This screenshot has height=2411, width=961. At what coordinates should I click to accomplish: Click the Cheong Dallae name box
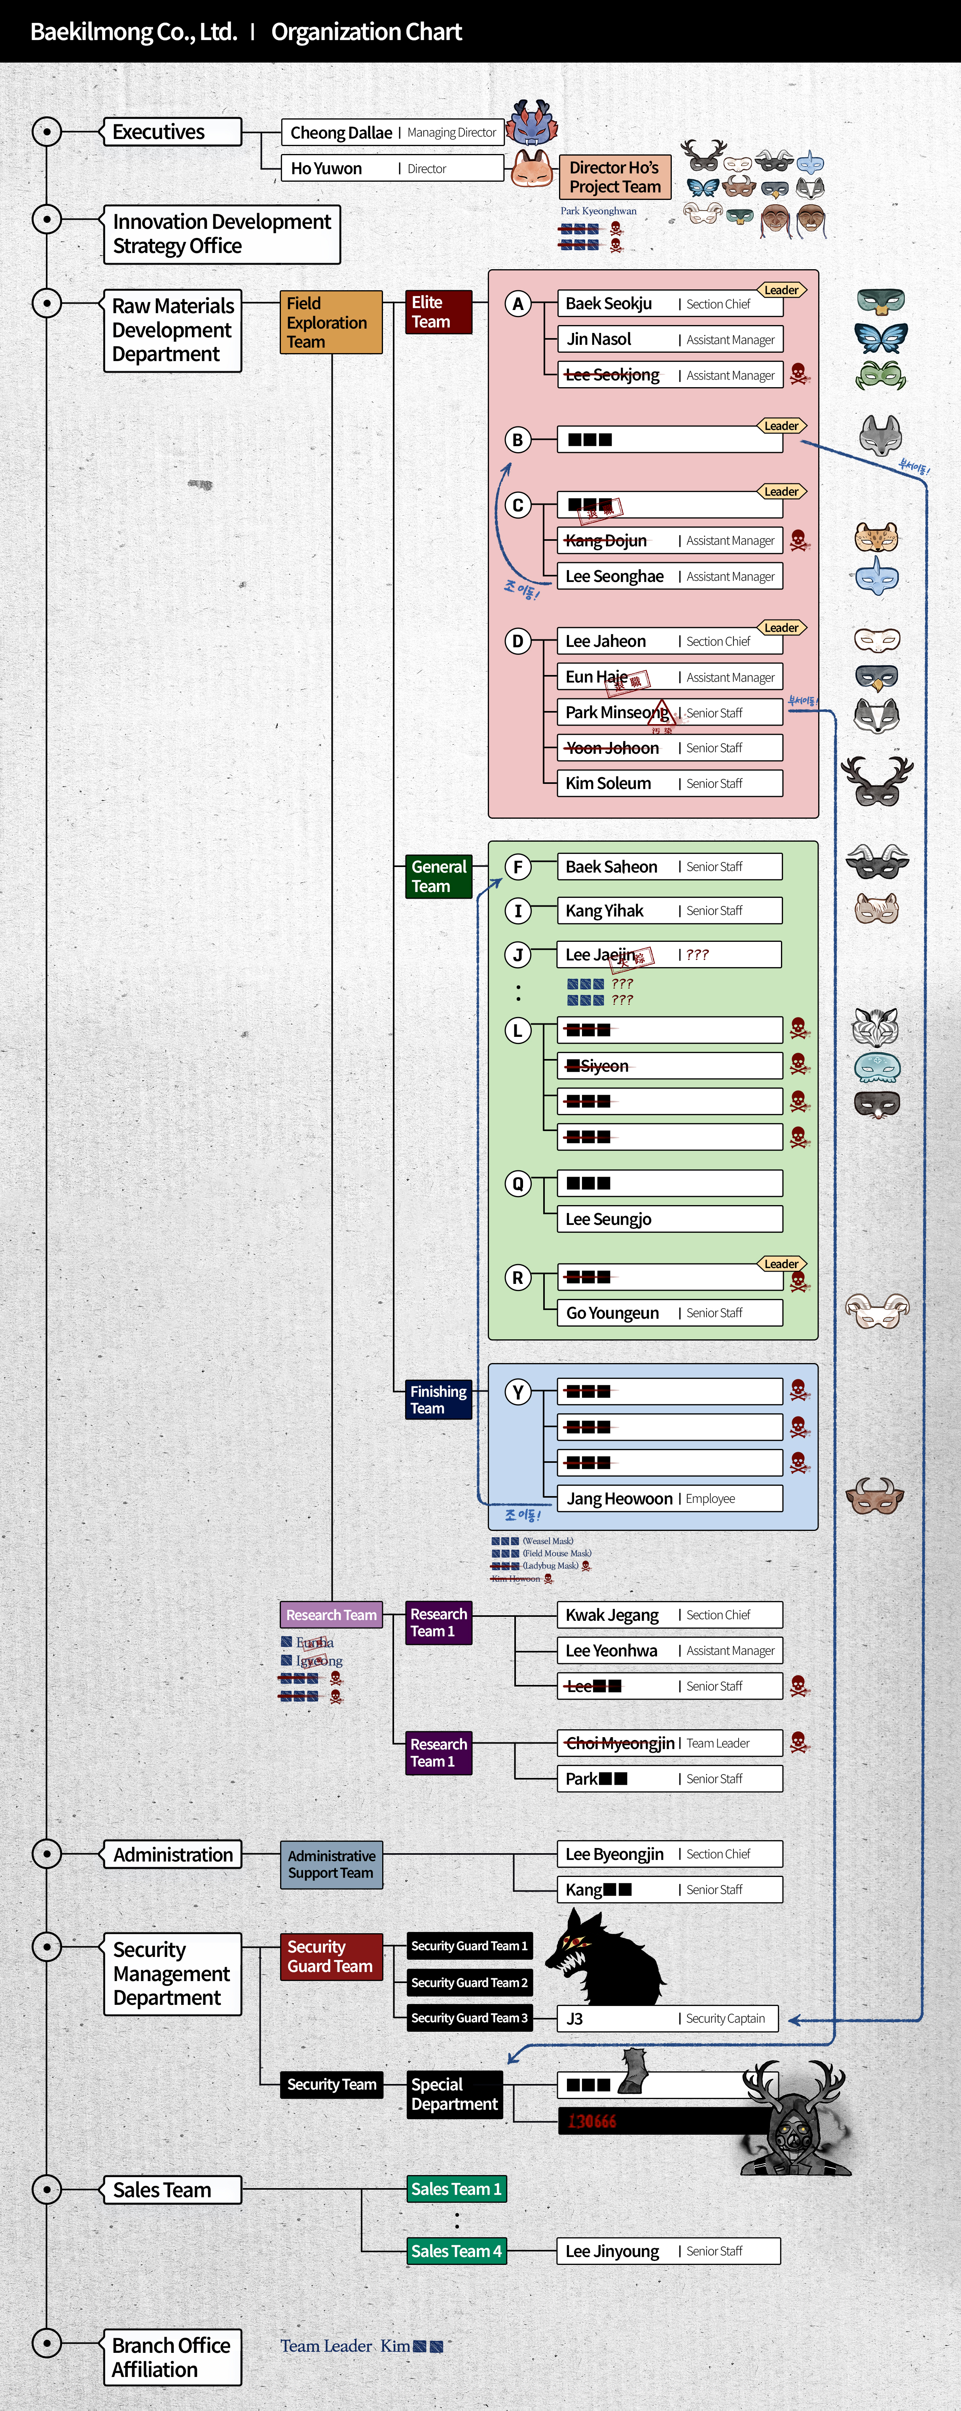(x=393, y=132)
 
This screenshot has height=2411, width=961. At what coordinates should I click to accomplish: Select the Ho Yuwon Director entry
(x=393, y=169)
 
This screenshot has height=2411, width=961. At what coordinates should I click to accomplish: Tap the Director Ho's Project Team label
(x=615, y=177)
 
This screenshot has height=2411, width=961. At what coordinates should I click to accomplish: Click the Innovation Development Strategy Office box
(x=222, y=234)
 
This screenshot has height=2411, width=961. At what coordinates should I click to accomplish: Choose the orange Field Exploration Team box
(x=330, y=322)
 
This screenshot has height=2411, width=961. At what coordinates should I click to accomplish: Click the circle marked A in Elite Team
(x=517, y=303)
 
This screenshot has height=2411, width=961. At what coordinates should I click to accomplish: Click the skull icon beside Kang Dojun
(x=798, y=540)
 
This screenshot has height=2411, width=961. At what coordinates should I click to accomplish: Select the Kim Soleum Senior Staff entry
(x=669, y=783)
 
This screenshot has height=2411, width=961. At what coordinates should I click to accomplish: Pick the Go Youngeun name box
(x=669, y=1313)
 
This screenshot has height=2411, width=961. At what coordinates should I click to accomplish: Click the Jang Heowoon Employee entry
(x=669, y=1498)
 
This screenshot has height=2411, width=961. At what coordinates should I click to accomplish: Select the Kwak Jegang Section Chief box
(x=669, y=1614)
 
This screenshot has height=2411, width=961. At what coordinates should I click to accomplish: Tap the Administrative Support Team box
(x=331, y=1864)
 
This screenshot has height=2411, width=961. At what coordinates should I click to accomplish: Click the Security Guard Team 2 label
(x=470, y=1982)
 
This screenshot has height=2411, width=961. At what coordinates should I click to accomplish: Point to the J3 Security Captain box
(x=669, y=2019)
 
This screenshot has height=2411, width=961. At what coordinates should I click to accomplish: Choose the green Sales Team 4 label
(x=457, y=2251)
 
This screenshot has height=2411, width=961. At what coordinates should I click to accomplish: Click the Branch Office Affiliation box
(x=172, y=2357)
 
